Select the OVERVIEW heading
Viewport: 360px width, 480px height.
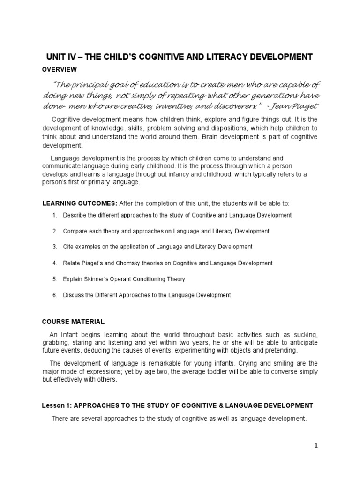click(60, 69)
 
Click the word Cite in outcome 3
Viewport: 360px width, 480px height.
click(68, 247)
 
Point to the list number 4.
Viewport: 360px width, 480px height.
click(54, 263)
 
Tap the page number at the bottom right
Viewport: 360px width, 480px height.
click(316, 446)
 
